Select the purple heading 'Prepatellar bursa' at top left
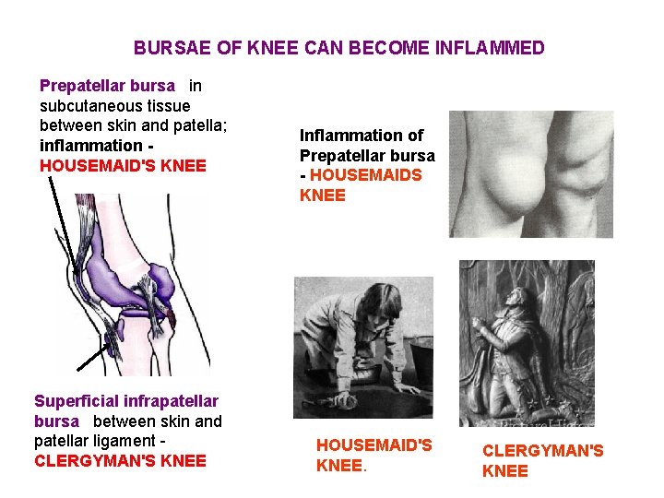tap(107, 86)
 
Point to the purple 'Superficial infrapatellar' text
tap(126, 401)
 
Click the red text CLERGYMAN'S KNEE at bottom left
tap(120, 461)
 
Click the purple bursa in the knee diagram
tap(129, 277)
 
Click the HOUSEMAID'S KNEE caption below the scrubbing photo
tap(373, 455)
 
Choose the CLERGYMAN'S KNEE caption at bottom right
tap(542, 460)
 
